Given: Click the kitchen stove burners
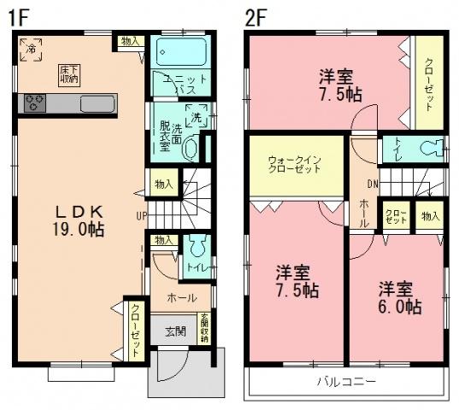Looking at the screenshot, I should [33, 104].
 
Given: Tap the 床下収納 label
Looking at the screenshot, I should [69, 73].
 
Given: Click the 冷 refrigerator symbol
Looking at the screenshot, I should [28, 47].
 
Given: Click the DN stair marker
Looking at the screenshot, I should [371, 183].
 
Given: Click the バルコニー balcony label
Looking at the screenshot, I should [346, 381].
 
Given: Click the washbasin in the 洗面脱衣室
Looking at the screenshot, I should [190, 148].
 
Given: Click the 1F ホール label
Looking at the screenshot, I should [181, 298].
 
